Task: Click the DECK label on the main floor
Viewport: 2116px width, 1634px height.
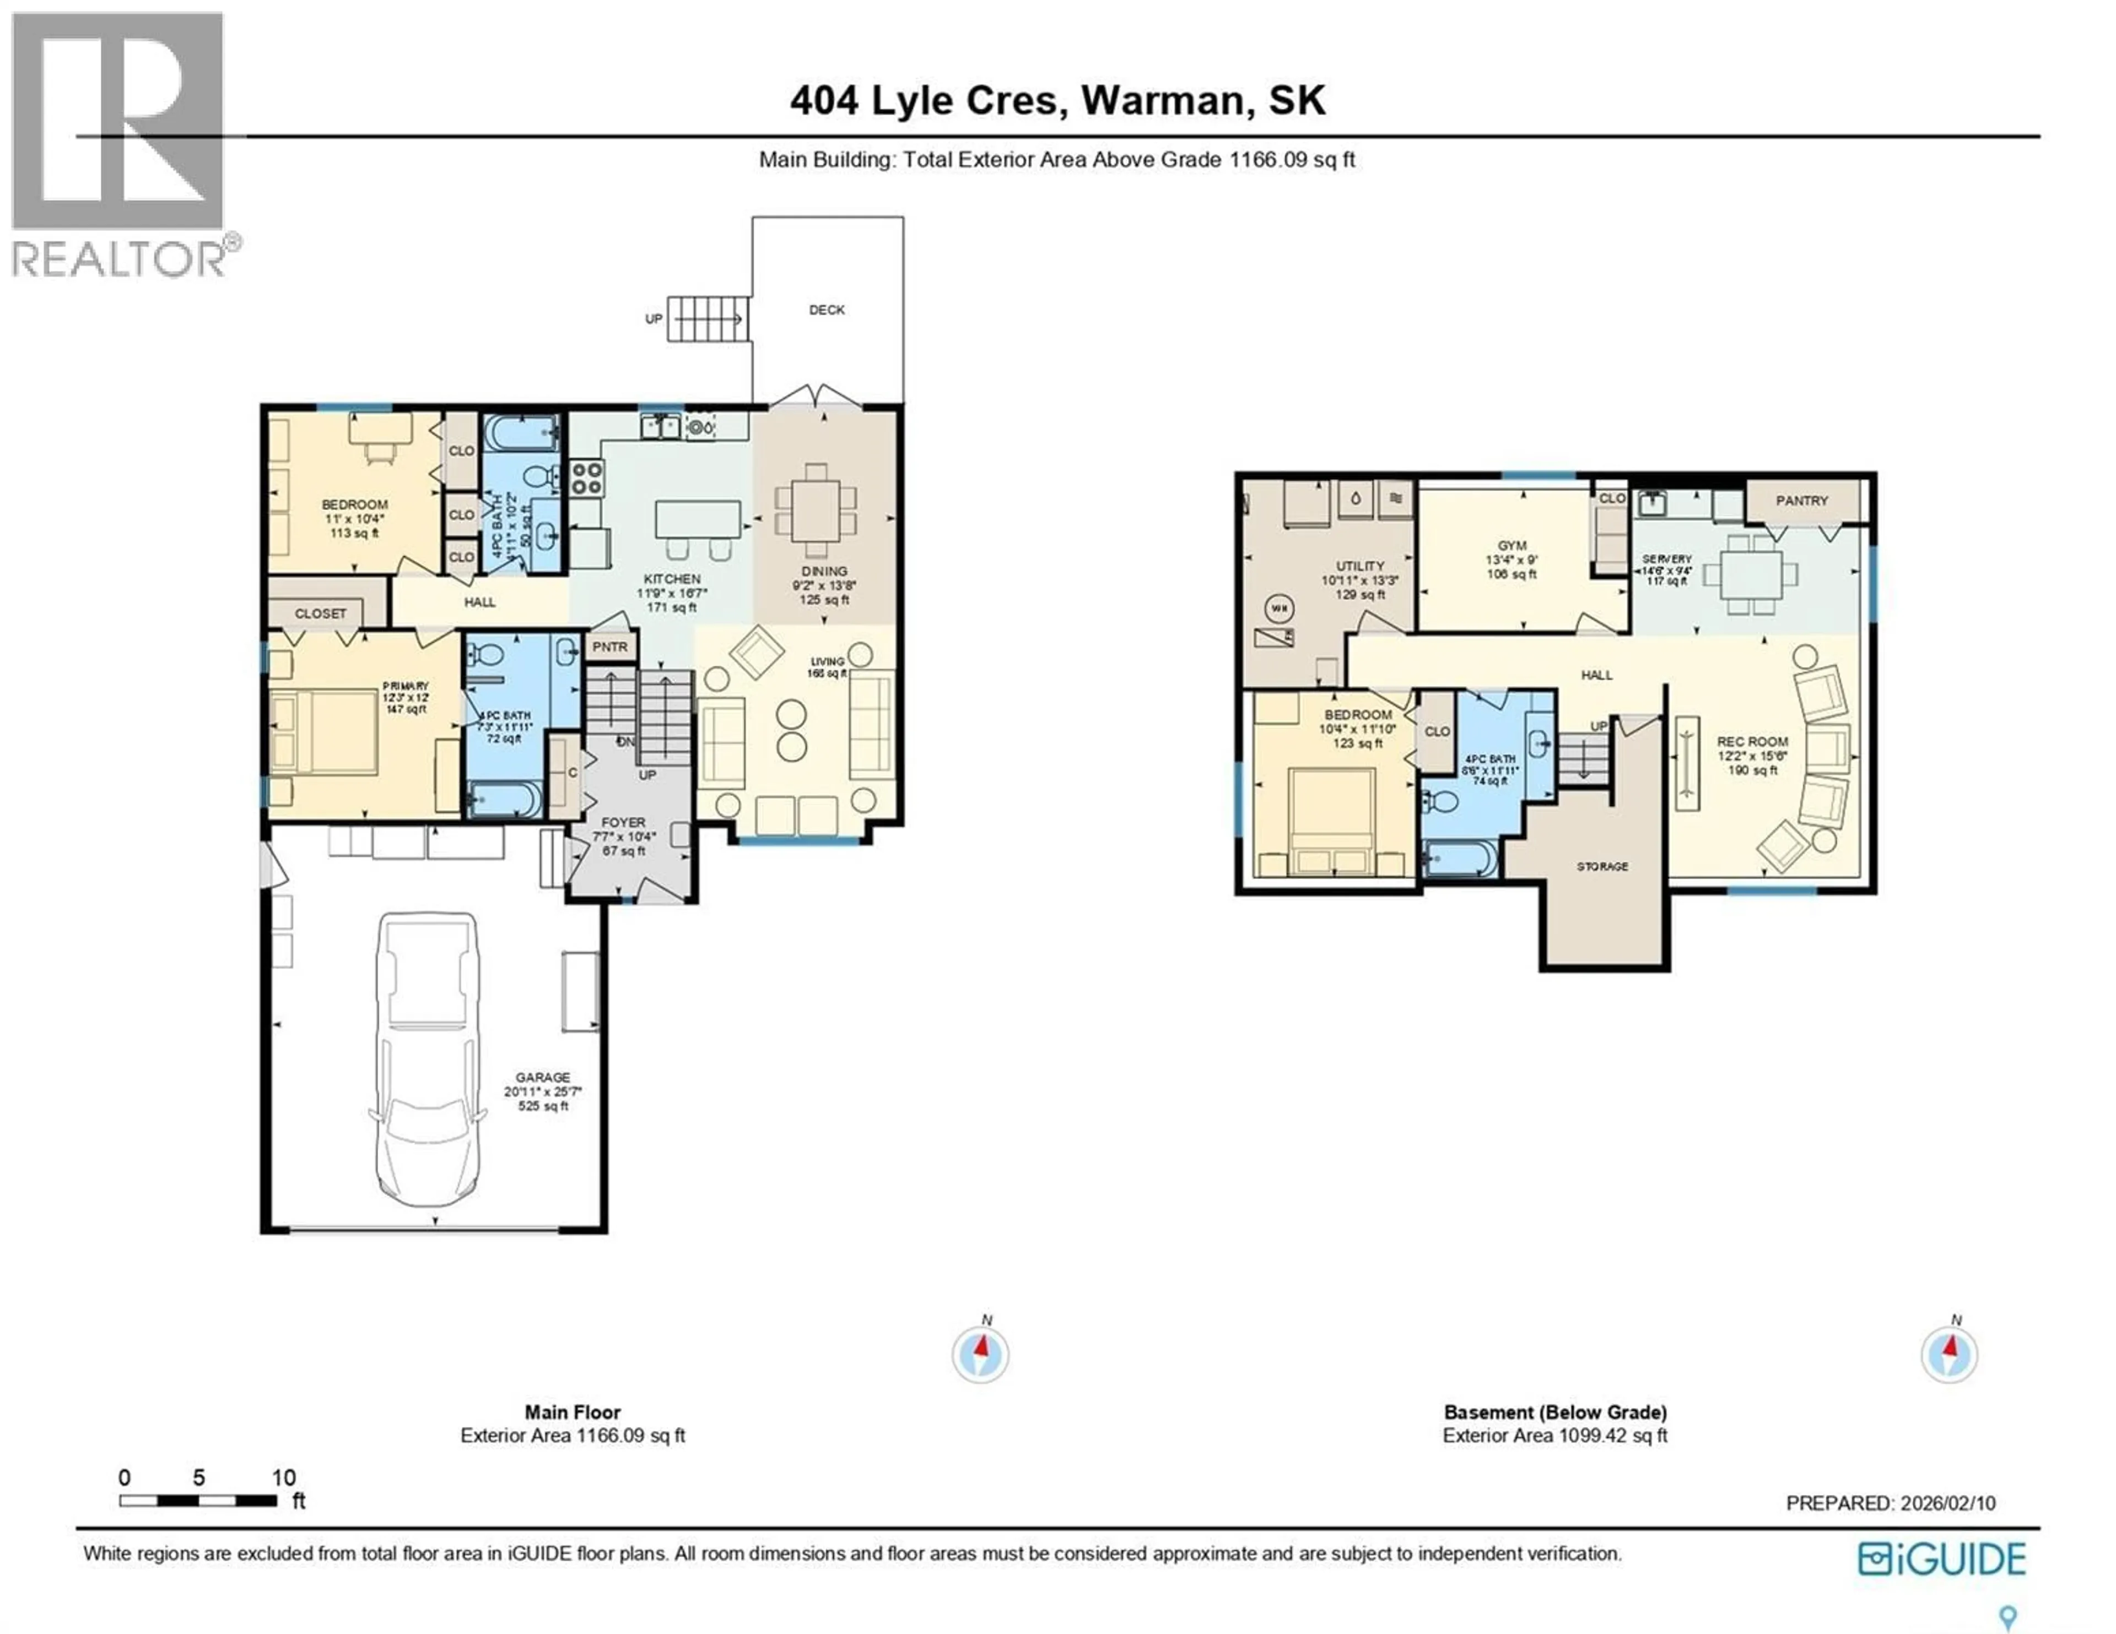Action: [x=827, y=310]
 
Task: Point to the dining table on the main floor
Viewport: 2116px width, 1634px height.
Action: [x=816, y=511]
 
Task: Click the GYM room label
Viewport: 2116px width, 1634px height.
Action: [x=1512, y=546]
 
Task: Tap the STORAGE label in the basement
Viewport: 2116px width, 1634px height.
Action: [x=1601, y=867]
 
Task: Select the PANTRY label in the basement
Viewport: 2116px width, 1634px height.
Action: [x=1801, y=501]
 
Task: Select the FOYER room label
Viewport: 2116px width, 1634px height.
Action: [x=623, y=822]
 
